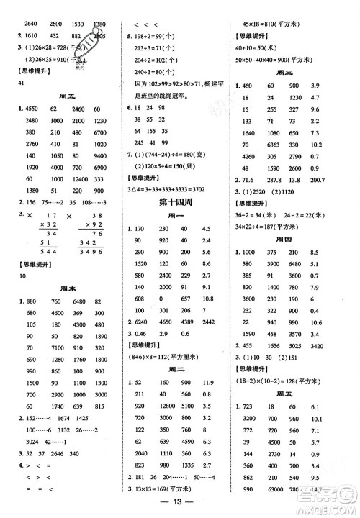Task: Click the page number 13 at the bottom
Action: pos(180,501)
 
